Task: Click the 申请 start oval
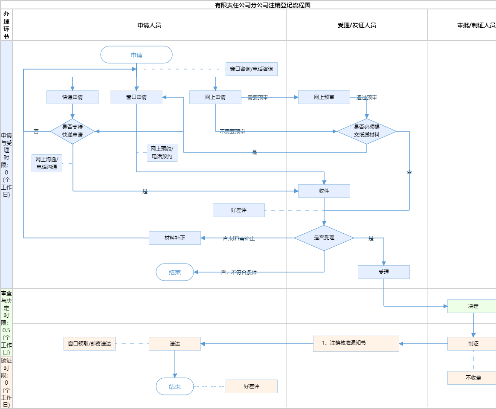click(x=136, y=55)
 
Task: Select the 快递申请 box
click(x=73, y=97)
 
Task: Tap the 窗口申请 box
click(x=136, y=97)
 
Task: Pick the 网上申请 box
click(x=215, y=97)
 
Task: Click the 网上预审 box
click(x=324, y=97)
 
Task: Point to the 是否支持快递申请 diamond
click(x=73, y=131)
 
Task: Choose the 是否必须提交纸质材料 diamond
click(x=367, y=131)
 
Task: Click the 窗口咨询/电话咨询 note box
click(x=252, y=69)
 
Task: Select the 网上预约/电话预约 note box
click(x=162, y=152)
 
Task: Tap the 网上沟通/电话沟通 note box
click(x=47, y=163)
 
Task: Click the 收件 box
click(x=324, y=191)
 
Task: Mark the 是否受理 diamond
click(x=324, y=238)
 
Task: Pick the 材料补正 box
click(x=175, y=238)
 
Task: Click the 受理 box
click(x=384, y=272)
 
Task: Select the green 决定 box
click(x=473, y=306)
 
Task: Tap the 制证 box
click(x=473, y=344)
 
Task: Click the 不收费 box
click(x=473, y=378)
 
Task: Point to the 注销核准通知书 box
click(x=356, y=343)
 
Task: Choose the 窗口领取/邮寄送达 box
click(x=90, y=344)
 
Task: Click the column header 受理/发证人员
click(x=357, y=25)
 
